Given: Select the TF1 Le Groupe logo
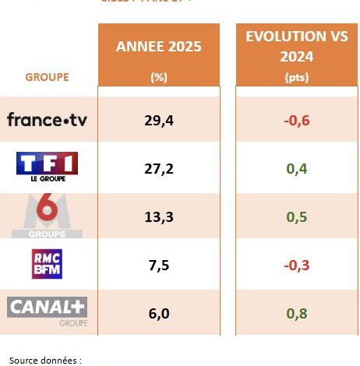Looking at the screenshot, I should [47, 166].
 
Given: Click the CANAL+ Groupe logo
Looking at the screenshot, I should [48, 310].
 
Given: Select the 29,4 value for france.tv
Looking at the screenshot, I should [158, 119].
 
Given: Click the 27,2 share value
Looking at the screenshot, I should [158, 167].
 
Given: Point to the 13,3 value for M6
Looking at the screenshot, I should [158, 216].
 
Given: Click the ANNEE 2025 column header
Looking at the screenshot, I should [158, 47].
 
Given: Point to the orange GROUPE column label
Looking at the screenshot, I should [47, 77].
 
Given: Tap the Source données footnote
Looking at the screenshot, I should [45, 360].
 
